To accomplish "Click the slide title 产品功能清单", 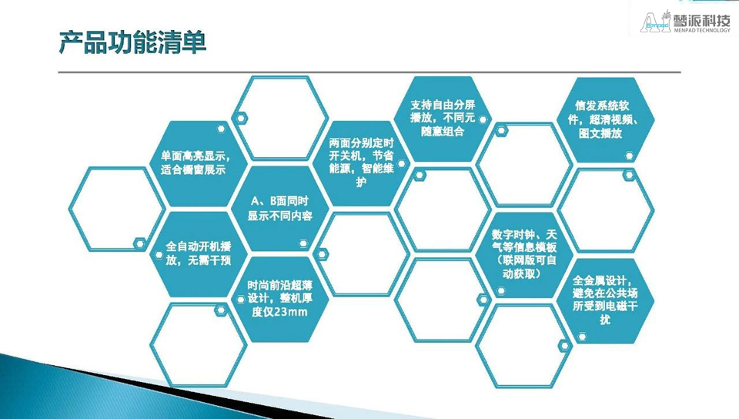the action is tap(132, 43).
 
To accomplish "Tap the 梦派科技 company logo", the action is tap(685, 22).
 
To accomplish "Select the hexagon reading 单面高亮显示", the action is tap(198, 163).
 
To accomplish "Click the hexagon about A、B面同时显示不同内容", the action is tap(280, 208).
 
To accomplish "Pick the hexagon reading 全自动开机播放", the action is tap(198, 253).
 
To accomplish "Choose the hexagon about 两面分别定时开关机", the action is tap(362, 163).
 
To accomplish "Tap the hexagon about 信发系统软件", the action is tap(606, 119).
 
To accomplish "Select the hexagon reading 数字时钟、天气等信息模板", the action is tap(524, 254).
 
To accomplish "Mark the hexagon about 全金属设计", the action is tap(606, 300).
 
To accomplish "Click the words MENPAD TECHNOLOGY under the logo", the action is tap(702, 30).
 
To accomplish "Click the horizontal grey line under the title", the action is tap(369, 72).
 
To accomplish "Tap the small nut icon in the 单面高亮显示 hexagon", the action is tap(221, 129).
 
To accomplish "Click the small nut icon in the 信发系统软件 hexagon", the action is tap(629, 156).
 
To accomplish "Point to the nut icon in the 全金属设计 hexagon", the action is tap(582, 337).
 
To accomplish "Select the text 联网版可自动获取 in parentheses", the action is tap(524, 266).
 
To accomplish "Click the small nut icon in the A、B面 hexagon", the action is tap(303, 243).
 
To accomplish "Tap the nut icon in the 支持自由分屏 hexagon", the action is tap(483, 119).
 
